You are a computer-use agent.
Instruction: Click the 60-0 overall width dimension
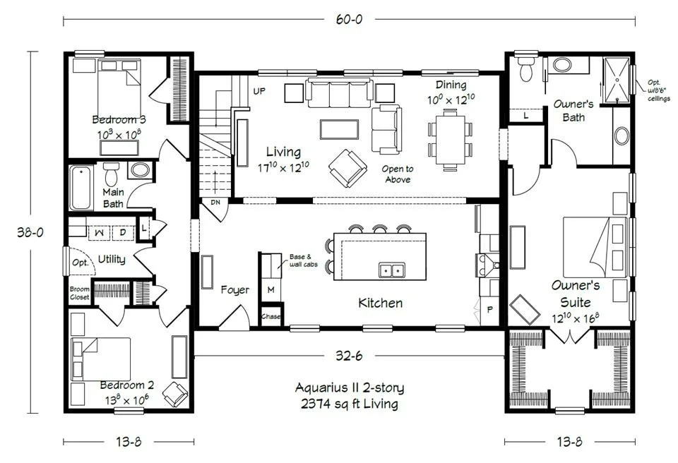click(349, 20)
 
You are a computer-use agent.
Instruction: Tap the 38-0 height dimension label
click(30, 232)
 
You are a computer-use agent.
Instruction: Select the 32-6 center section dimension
click(349, 356)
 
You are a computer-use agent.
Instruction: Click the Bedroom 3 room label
click(119, 119)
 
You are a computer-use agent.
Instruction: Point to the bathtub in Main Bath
click(81, 188)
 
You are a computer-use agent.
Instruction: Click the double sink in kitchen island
click(392, 270)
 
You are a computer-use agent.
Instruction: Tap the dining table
click(451, 140)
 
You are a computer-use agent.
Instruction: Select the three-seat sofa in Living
click(340, 92)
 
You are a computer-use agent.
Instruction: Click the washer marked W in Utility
click(100, 233)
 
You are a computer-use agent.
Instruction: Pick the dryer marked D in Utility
click(123, 233)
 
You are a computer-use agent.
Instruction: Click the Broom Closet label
click(80, 293)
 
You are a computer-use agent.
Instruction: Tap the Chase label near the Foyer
click(270, 316)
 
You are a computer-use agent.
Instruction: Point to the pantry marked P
click(490, 310)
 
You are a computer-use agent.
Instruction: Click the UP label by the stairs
click(259, 91)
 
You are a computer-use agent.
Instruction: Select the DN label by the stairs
click(215, 203)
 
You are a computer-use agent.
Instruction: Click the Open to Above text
click(398, 174)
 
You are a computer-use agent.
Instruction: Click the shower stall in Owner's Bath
click(617, 80)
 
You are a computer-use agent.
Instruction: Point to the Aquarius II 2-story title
click(350, 387)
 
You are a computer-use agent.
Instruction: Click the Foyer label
click(234, 290)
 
